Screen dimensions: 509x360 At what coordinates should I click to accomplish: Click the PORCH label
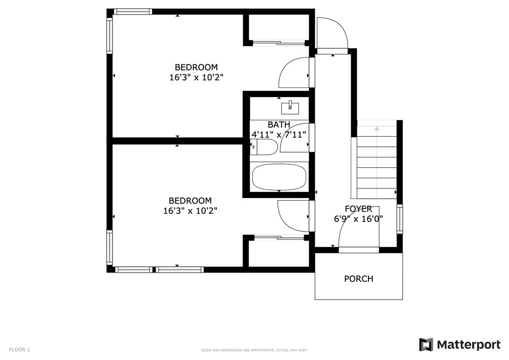[x=358, y=279]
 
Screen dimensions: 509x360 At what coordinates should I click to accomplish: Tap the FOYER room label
[x=358, y=209]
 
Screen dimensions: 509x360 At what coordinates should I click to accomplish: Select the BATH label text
[x=279, y=125]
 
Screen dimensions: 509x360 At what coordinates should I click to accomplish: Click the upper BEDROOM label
[x=196, y=67]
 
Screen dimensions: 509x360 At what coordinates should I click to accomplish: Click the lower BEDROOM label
[x=190, y=201]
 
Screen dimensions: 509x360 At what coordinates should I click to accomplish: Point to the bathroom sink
[x=290, y=107]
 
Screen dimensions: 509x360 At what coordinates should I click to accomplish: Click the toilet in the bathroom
[x=264, y=147]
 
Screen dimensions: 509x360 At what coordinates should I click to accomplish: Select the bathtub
[x=279, y=177]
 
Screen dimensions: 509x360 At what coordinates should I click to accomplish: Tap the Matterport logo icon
[x=426, y=345]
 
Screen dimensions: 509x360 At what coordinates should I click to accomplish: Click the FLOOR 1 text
[x=19, y=350]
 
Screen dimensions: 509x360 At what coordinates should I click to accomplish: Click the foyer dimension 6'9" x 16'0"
[x=358, y=219]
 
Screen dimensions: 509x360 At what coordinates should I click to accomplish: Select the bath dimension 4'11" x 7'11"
[x=279, y=134]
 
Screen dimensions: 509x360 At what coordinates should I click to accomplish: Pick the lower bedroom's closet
[x=279, y=253]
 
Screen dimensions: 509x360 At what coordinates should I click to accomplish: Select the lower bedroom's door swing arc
[x=283, y=221]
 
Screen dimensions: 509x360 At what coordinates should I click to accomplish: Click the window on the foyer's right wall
[x=399, y=219]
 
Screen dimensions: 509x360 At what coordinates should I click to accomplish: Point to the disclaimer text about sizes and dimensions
[x=254, y=350]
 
